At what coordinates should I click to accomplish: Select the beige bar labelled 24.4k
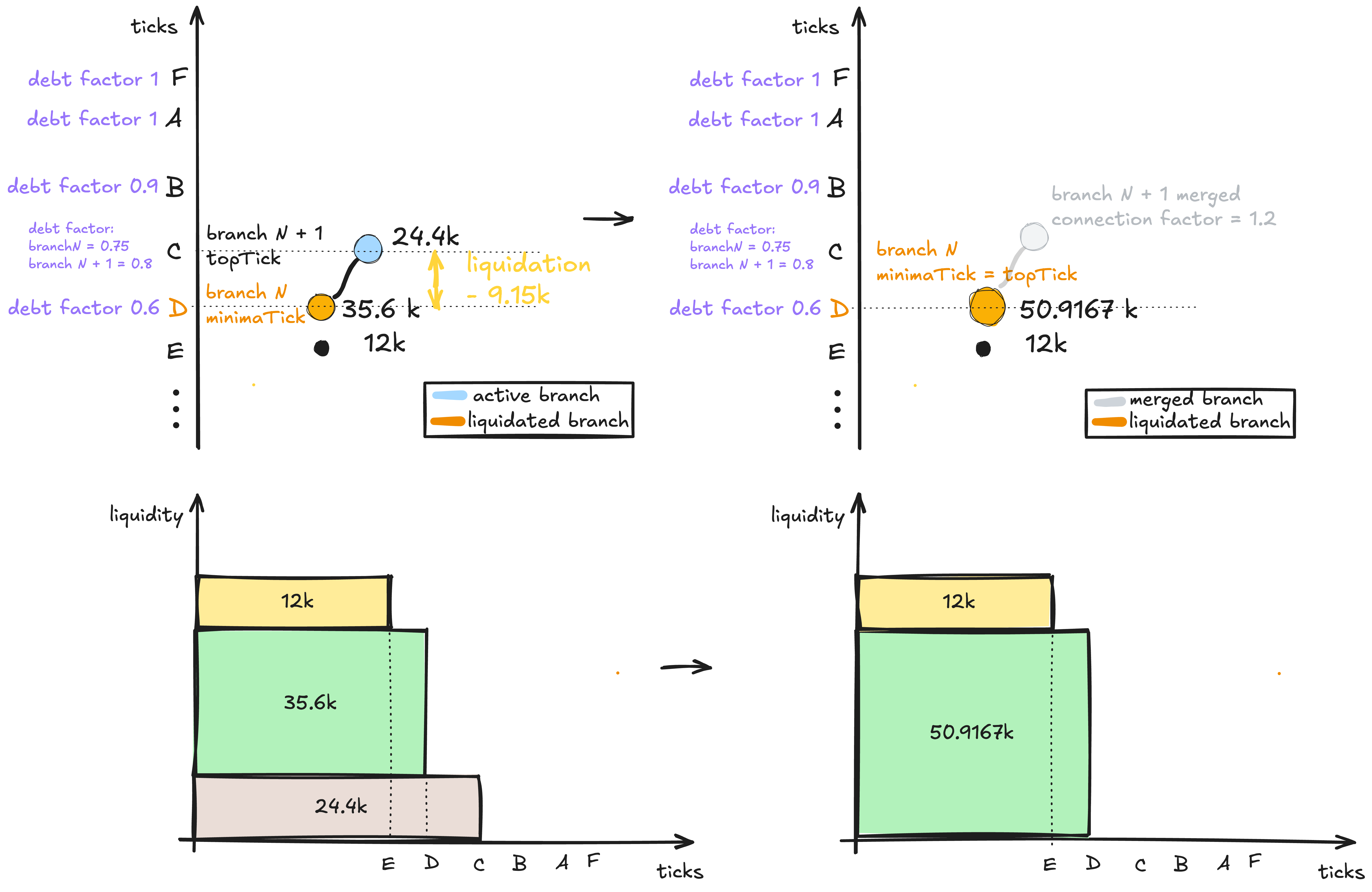tap(337, 807)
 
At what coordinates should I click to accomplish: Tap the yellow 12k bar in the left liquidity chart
tap(294, 601)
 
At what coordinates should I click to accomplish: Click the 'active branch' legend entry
tap(516, 395)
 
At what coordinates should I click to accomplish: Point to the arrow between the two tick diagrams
tap(608, 219)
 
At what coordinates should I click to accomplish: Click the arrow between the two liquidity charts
tap(686, 667)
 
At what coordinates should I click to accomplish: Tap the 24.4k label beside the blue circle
tap(426, 236)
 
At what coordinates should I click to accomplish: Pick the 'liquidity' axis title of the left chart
tap(146, 514)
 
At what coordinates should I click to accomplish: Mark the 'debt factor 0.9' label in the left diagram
tap(82, 186)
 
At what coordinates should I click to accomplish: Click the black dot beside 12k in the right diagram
tap(983, 349)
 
